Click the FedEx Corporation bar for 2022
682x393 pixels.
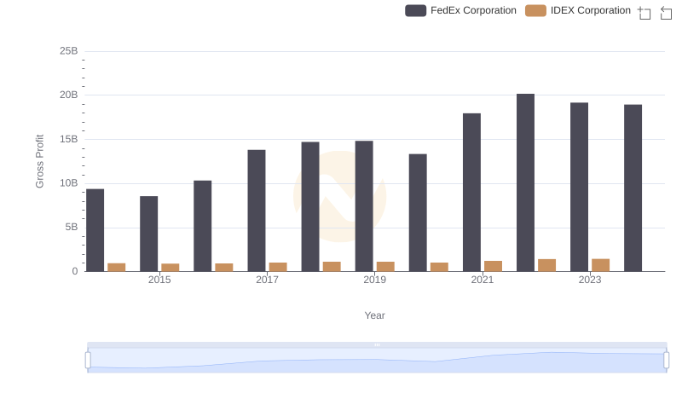(x=525, y=182)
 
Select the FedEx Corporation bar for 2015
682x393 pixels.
(x=149, y=234)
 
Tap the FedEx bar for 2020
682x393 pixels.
(x=418, y=212)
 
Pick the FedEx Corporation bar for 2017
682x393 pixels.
(x=257, y=211)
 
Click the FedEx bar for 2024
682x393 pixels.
(x=633, y=188)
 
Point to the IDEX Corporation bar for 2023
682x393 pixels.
(x=601, y=265)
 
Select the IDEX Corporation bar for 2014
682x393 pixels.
(x=117, y=267)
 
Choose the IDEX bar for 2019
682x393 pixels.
(x=385, y=266)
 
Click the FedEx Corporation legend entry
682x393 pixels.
(x=461, y=10)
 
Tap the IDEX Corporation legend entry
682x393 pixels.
(x=578, y=10)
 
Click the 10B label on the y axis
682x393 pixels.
(x=68, y=183)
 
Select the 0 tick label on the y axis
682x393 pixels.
(x=75, y=271)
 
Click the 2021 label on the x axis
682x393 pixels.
(x=483, y=280)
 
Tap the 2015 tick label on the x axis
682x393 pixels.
(x=159, y=280)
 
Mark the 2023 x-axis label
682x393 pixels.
(x=590, y=280)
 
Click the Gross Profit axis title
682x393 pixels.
(x=39, y=161)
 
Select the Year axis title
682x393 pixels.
(x=375, y=315)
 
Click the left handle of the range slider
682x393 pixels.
(x=88, y=360)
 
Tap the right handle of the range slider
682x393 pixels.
(x=667, y=360)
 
